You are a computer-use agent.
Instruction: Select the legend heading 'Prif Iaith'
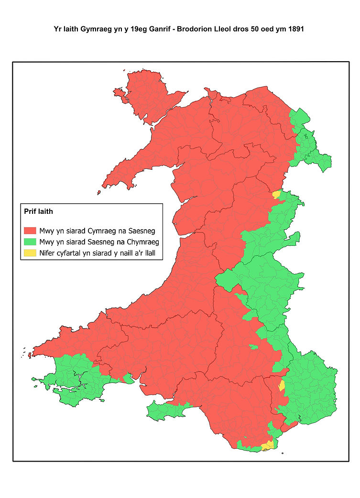pyautogui.click(x=38, y=210)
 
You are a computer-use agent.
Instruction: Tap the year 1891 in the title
pyautogui.click(x=295, y=29)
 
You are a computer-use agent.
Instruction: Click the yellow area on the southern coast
pyautogui.click(x=267, y=446)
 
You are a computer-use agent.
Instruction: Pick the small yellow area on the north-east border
pyautogui.click(x=276, y=194)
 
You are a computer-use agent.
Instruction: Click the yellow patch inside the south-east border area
pyautogui.click(x=282, y=386)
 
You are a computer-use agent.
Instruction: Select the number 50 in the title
pyautogui.click(x=247, y=29)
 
